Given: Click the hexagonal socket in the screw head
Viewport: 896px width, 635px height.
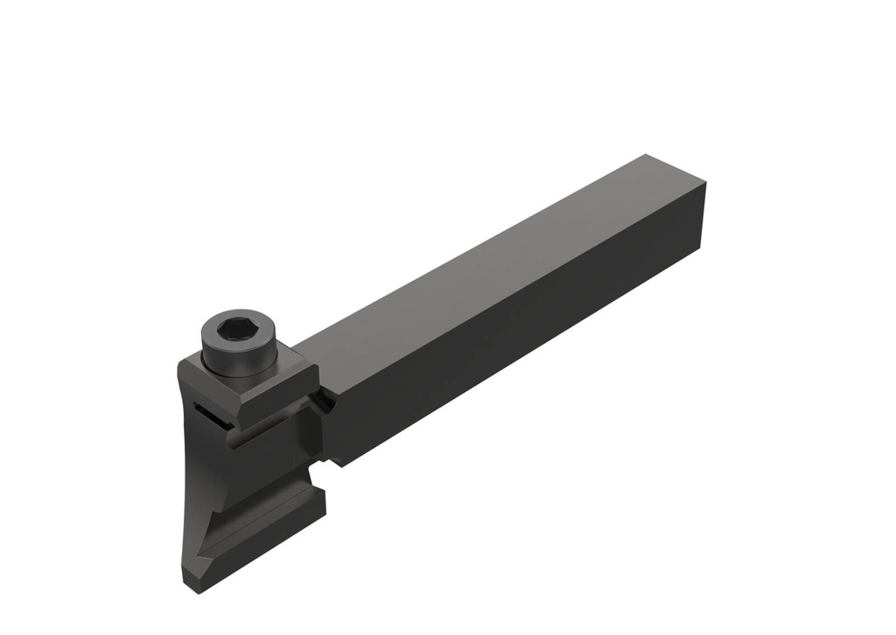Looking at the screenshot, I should click(236, 330).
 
